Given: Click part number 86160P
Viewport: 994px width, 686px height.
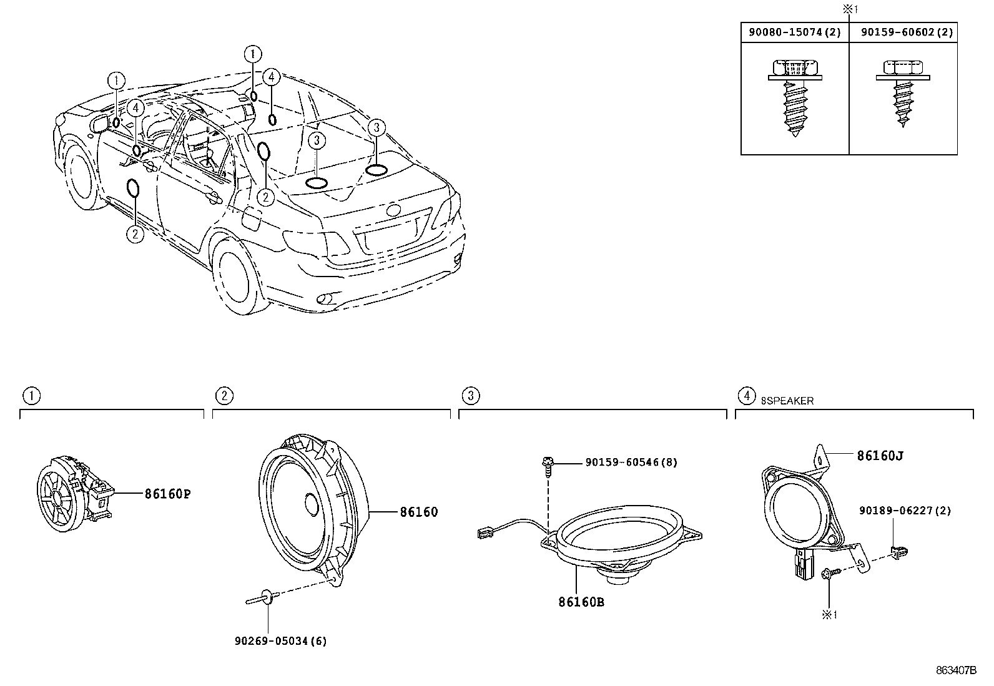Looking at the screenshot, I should [x=167, y=494].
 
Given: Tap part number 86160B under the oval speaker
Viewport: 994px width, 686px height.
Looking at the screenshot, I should [x=581, y=602].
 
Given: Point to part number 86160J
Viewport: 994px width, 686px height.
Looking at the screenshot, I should [x=880, y=456].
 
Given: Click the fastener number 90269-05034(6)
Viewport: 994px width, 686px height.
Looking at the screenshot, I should [x=280, y=641].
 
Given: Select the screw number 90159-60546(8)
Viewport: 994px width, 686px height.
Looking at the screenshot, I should [x=631, y=463].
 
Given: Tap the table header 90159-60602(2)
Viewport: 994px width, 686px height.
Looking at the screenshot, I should [x=903, y=33].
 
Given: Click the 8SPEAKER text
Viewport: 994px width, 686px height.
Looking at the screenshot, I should [x=787, y=401].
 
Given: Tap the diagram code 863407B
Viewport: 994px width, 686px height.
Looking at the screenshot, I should [x=955, y=670].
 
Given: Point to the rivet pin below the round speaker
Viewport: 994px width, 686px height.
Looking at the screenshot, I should [x=262, y=599].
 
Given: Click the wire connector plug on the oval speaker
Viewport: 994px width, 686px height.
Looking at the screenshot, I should [x=484, y=533].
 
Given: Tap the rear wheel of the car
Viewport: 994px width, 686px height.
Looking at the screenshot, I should [x=236, y=275].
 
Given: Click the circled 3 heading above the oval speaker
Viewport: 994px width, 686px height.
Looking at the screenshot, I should [x=470, y=395].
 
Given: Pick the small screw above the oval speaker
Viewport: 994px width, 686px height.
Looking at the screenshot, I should [x=547, y=464].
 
